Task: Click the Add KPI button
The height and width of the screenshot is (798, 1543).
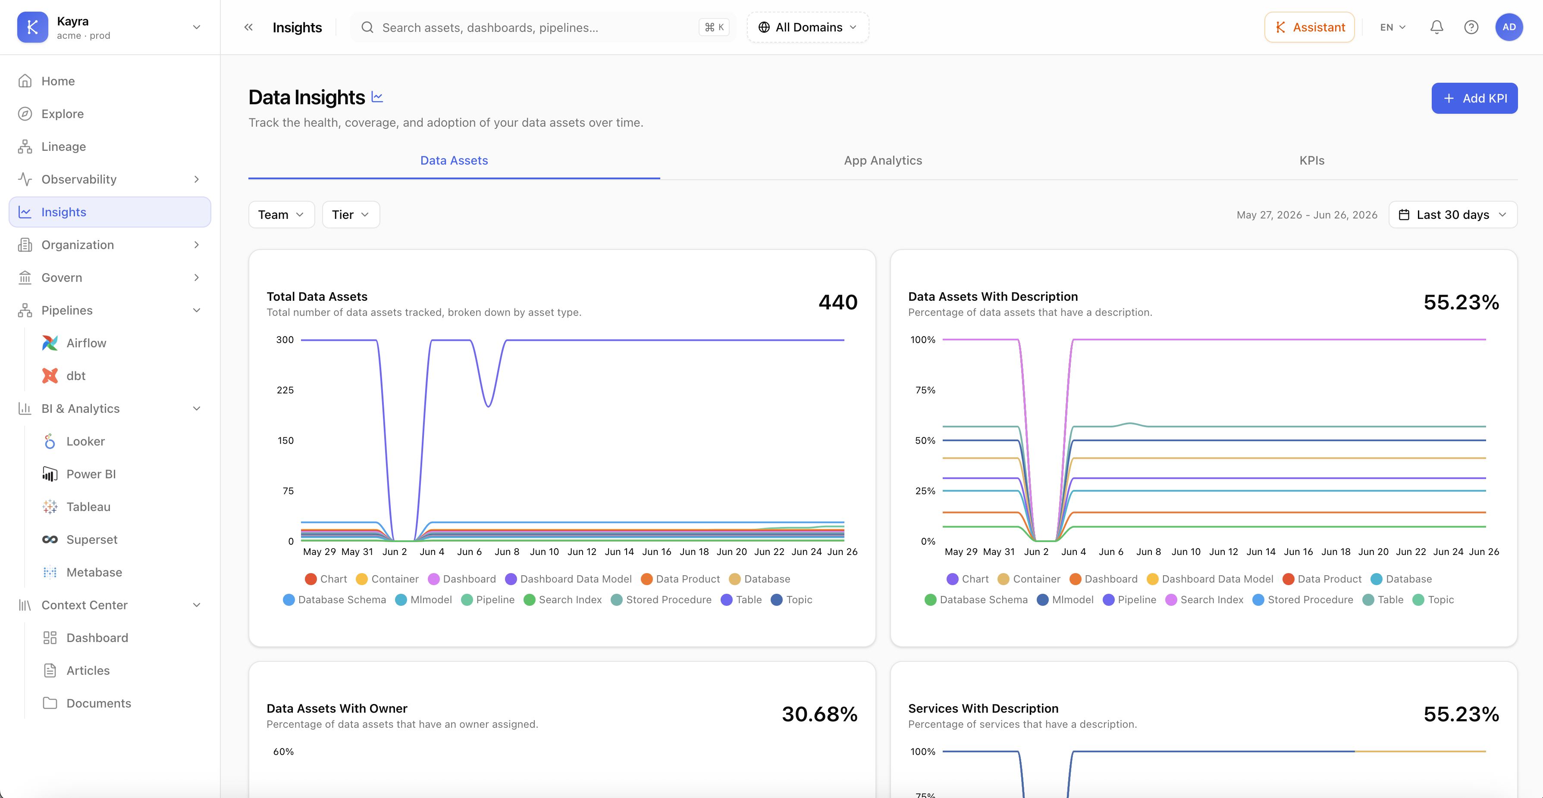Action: point(1474,98)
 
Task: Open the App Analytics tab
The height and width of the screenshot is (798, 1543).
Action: point(883,160)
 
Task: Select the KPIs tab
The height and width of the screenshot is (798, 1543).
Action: point(1312,160)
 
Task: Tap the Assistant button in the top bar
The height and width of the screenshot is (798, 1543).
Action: point(1309,28)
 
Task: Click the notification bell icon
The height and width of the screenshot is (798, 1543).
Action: point(1436,28)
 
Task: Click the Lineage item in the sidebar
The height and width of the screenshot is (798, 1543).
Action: point(63,147)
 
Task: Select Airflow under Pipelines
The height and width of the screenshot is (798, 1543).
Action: point(86,343)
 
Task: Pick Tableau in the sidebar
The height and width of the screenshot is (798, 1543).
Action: point(88,507)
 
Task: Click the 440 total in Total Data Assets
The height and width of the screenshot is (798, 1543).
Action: point(838,302)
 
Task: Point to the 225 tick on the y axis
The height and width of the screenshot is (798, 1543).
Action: point(285,390)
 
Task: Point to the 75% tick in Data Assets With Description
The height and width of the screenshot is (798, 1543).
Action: point(925,390)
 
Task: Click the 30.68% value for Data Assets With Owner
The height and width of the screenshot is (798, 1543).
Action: point(819,714)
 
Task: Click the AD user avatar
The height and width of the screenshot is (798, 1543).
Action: point(1509,28)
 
